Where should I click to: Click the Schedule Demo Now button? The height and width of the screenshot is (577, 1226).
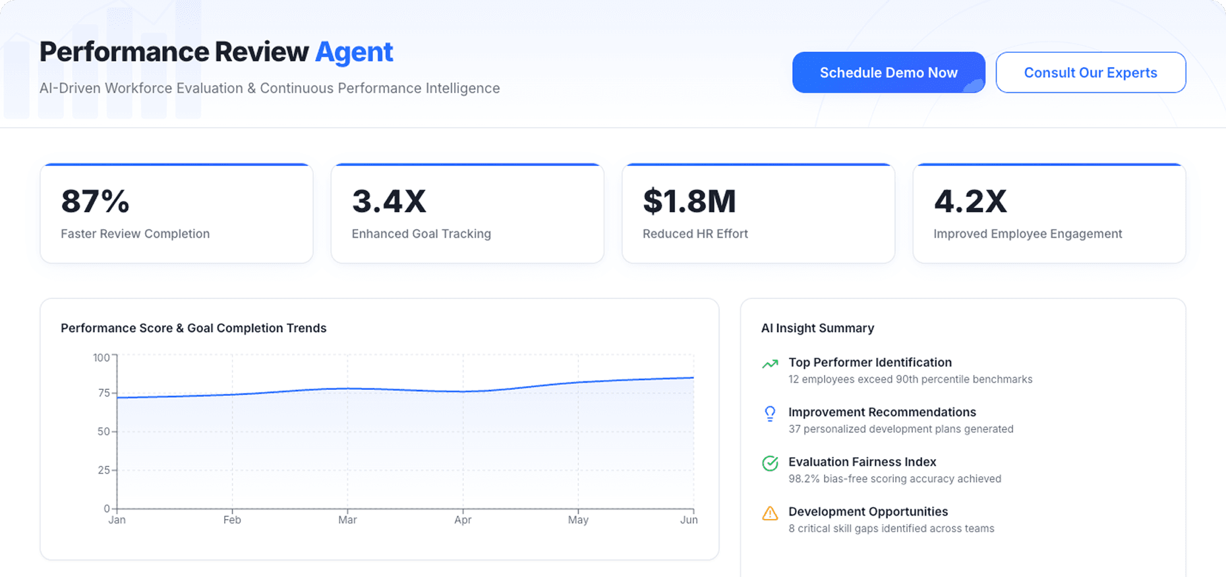pyautogui.click(x=888, y=72)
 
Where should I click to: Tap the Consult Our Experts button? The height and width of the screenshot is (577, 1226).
pyautogui.click(x=1090, y=72)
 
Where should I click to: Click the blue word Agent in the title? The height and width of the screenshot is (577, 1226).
pyautogui.click(x=354, y=52)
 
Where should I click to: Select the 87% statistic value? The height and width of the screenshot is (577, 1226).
pyautogui.click(x=95, y=202)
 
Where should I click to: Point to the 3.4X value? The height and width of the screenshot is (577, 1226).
pyautogui.click(x=389, y=202)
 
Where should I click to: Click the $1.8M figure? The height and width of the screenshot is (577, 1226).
pyautogui.click(x=689, y=202)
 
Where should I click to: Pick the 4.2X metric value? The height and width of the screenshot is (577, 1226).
pyautogui.click(x=970, y=202)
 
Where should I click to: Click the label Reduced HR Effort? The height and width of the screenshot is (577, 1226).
pyautogui.click(x=695, y=234)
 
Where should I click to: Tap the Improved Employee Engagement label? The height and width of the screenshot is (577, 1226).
pyautogui.click(x=1027, y=234)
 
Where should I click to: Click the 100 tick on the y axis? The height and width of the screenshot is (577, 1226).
pyautogui.click(x=102, y=358)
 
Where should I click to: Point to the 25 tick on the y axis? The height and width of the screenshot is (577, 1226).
pyautogui.click(x=103, y=470)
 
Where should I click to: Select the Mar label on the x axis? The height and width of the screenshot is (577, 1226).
pyautogui.click(x=347, y=520)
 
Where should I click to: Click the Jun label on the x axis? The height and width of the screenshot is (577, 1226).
pyautogui.click(x=688, y=520)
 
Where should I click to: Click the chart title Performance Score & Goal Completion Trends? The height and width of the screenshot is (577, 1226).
pyautogui.click(x=193, y=328)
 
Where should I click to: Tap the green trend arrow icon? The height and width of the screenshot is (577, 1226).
pyautogui.click(x=770, y=364)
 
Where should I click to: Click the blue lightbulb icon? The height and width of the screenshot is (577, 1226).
pyautogui.click(x=770, y=414)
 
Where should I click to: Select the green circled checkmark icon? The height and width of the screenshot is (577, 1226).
pyautogui.click(x=770, y=464)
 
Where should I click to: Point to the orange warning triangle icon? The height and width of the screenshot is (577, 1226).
pyautogui.click(x=770, y=513)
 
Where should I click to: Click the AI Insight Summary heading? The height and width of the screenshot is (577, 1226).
pyautogui.click(x=817, y=328)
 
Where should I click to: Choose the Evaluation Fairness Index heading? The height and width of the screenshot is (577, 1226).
pyautogui.click(x=862, y=462)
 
